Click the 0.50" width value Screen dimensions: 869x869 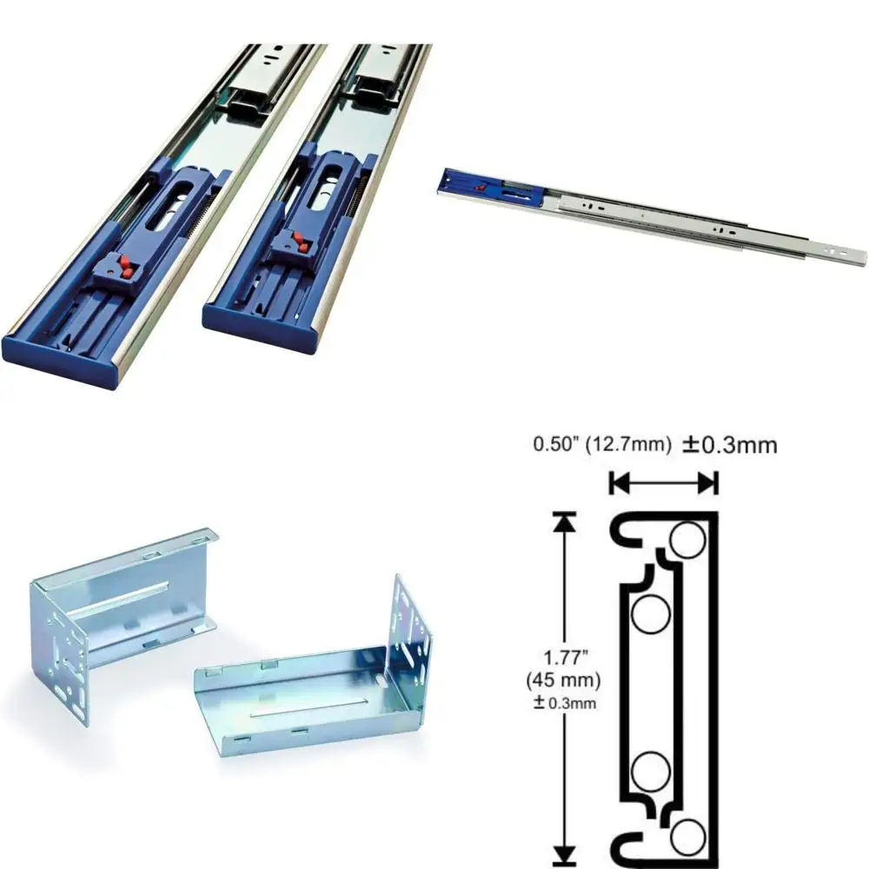[x=556, y=446]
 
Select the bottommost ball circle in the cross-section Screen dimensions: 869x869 [x=688, y=835]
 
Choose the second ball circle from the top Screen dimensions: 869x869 [x=649, y=616]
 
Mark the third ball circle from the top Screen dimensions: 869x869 [x=649, y=771]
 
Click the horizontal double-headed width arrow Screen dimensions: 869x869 [x=664, y=482]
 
